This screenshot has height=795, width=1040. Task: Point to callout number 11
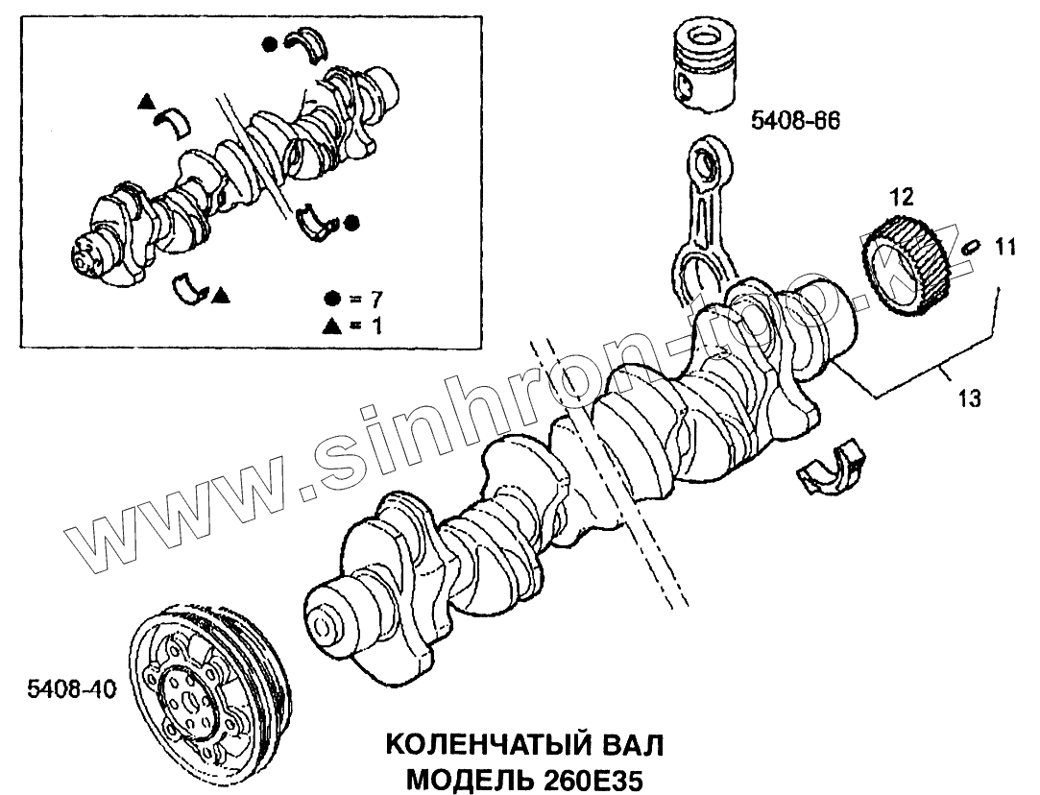tap(1004, 248)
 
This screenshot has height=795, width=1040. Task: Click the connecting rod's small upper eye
tap(712, 164)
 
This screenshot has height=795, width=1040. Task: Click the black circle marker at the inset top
tap(271, 42)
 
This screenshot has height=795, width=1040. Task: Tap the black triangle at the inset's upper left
tap(145, 100)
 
